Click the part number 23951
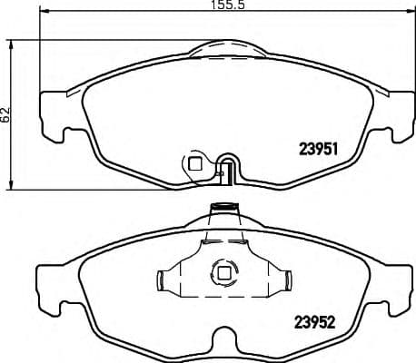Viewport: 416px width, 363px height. tap(319, 152)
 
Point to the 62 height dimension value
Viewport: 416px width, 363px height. tap(5, 114)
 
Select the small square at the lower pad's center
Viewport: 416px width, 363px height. tap(222, 271)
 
